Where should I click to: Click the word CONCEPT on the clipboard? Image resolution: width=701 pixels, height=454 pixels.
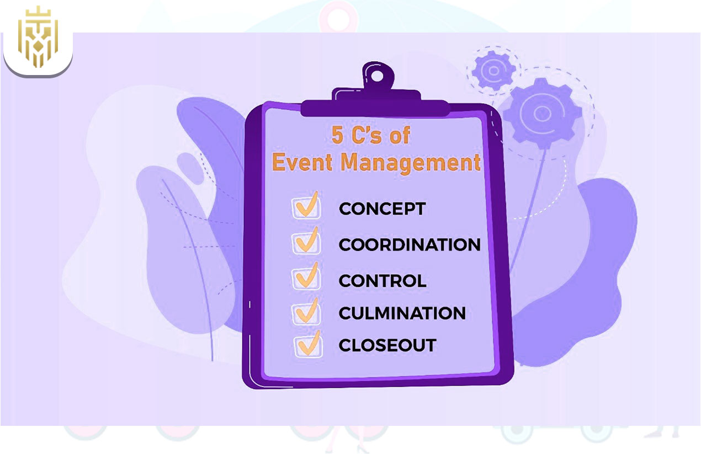tap(382, 209)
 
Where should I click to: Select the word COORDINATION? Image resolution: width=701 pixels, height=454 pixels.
tap(410, 244)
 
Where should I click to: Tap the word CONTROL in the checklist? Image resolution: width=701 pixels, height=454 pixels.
tap(383, 281)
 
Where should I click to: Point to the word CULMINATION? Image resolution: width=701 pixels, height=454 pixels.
tap(402, 313)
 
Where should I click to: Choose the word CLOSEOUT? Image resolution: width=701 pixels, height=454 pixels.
tap(387, 345)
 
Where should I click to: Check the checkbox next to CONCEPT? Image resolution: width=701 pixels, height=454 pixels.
tap(306, 207)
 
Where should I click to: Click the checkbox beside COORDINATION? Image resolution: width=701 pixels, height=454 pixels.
tap(306, 242)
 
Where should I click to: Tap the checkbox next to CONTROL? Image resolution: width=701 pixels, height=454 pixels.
tap(306, 279)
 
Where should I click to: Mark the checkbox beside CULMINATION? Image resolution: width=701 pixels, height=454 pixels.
tap(306, 312)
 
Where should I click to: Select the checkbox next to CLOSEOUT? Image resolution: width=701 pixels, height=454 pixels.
tap(307, 344)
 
